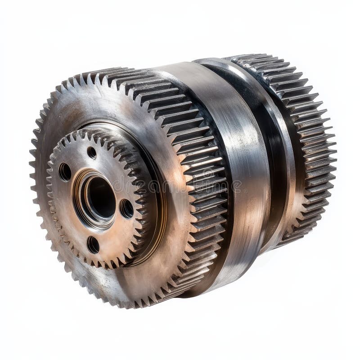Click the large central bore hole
click(100, 197)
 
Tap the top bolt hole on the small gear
click(92, 152)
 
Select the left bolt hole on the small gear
click(65, 171)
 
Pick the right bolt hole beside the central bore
click(127, 208)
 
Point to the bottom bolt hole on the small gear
click(93, 244)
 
